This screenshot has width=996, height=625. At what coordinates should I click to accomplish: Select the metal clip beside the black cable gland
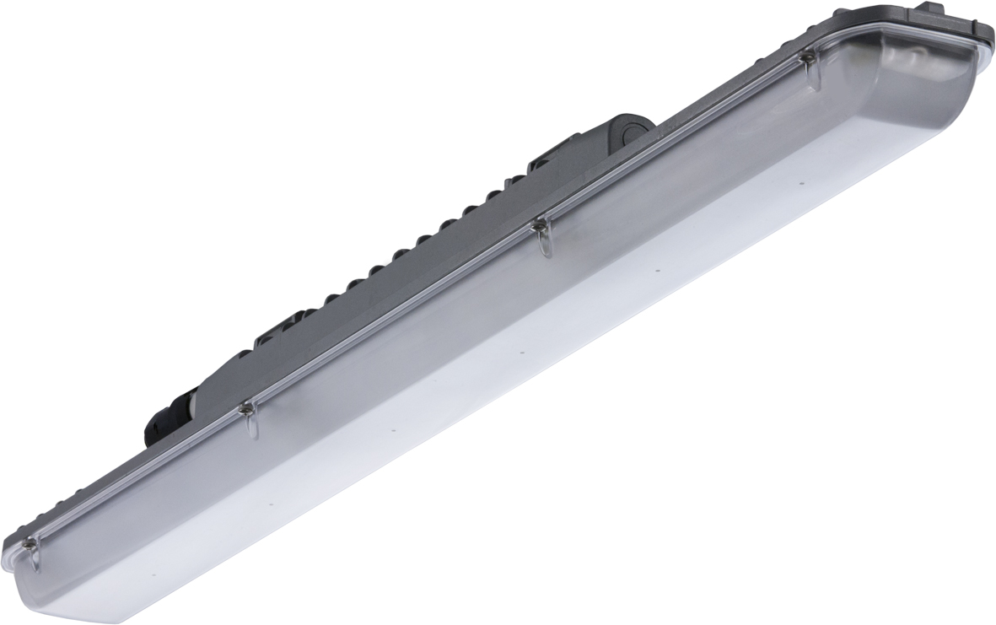pos(246,411)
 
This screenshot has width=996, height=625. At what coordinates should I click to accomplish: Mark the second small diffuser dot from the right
pos(657,270)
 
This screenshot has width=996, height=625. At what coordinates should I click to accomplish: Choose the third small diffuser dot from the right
pos(523,351)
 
